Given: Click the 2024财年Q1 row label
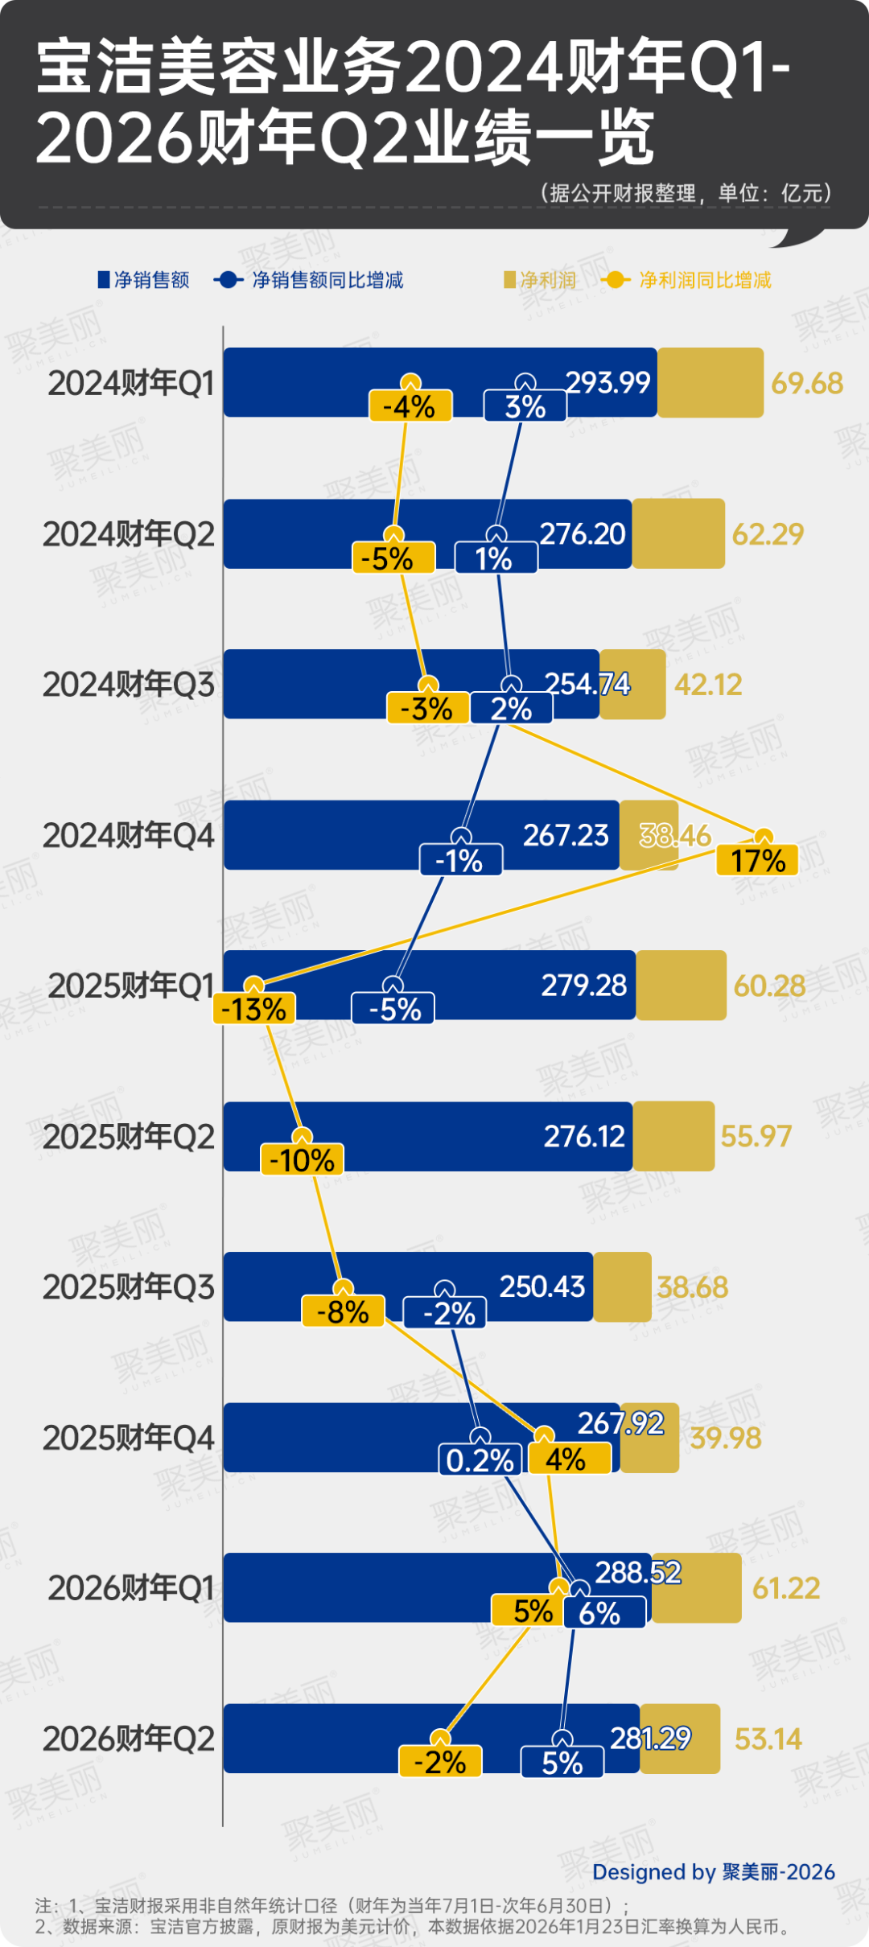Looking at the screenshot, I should (131, 383).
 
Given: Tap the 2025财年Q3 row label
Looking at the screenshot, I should (129, 1287).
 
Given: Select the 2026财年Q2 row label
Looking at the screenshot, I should (129, 1739).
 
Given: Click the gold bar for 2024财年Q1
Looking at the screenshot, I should (710, 383).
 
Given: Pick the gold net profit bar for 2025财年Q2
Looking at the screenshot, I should (673, 1136).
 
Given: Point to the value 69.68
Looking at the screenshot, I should (807, 383).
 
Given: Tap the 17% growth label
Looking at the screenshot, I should (757, 860).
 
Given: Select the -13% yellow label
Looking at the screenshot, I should (254, 1009).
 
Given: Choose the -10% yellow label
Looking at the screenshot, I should (302, 1160).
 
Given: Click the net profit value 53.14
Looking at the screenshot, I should (768, 1739).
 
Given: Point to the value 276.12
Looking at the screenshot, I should (584, 1136).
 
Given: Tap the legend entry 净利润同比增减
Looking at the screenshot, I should (705, 280).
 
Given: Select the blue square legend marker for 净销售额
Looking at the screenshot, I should (103, 280).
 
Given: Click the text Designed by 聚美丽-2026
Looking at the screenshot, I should (714, 1872).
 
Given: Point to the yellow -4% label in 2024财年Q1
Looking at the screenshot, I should (410, 407).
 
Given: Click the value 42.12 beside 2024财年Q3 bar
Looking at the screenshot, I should (708, 685).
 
